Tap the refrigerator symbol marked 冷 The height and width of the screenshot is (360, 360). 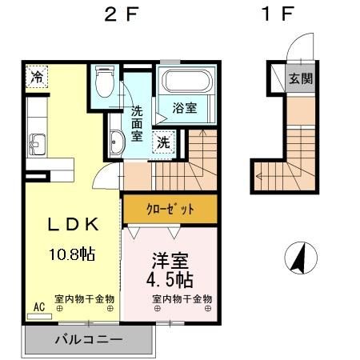pyautogui.click(x=37, y=77)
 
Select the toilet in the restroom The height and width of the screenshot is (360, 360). pyautogui.click(x=104, y=82)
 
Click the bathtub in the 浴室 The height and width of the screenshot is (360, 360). pyautogui.click(x=186, y=82)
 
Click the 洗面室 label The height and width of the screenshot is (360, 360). pyautogui.click(x=138, y=125)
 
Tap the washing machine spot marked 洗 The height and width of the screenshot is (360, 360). pyautogui.click(x=162, y=143)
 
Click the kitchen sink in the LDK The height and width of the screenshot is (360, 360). pyautogui.click(x=37, y=146)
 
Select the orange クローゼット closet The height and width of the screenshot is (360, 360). pyautogui.click(x=170, y=209)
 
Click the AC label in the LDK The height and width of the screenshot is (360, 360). pyautogui.click(x=38, y=306)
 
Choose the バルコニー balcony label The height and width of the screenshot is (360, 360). pyautogui.click(x=88, y=340)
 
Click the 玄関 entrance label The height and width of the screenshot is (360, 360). pyautogui.click(x=301, y=78)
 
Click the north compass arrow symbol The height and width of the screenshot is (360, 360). pyautogui.click(x=299, y=258)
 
